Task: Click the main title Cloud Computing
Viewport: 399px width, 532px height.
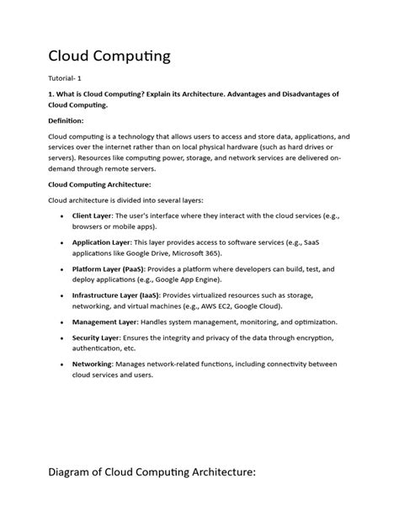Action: pos(109,56)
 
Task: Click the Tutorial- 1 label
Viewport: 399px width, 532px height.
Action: pos(67,79)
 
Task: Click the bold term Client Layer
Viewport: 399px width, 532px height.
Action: pos(92,215)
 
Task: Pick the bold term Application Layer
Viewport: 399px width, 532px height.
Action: pos(103,242)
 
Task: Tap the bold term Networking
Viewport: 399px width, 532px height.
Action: pos(93,364)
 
